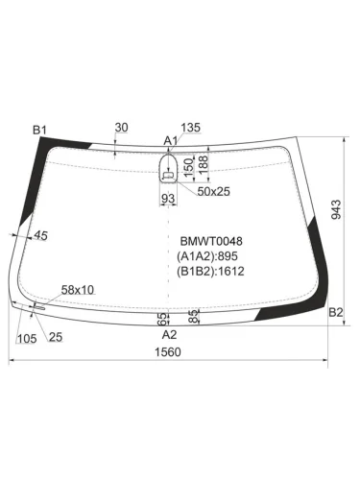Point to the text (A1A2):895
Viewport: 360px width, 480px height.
coord(208,256)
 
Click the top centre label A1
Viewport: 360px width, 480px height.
coord(171,141)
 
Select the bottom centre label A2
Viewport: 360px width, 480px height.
coord(169,335)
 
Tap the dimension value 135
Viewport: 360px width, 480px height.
coord(190,128)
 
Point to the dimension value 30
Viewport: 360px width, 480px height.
coord(121,128)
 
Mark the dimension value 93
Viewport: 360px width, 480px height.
coord(168,198)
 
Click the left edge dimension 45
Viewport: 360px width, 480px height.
coord(40,236)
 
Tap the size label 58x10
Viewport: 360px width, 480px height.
coord(78,289)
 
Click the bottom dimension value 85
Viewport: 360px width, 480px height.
coord(194,315)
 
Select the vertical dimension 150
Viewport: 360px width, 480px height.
coord(188,167)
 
